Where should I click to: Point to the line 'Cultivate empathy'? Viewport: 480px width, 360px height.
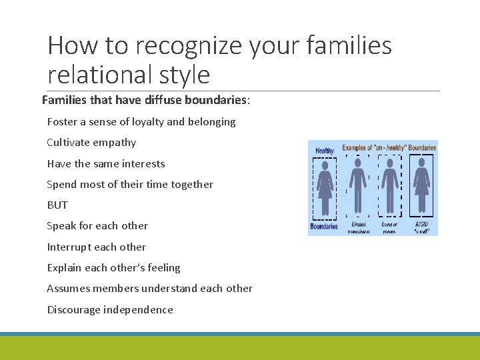(91, 142)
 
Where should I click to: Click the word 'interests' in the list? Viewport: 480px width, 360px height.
(143, 163)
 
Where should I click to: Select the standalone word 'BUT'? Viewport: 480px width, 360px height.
(57, 205)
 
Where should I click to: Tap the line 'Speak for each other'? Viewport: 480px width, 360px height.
(97, 225)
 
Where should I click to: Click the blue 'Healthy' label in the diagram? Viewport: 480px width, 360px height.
(325, 151)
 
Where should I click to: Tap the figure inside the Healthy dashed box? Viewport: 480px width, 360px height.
(325, 187)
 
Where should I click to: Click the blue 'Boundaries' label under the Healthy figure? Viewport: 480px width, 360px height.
(324, 227)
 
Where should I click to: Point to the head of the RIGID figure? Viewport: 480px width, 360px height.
(422, 162)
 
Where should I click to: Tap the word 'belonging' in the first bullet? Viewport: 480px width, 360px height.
(212, 121)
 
